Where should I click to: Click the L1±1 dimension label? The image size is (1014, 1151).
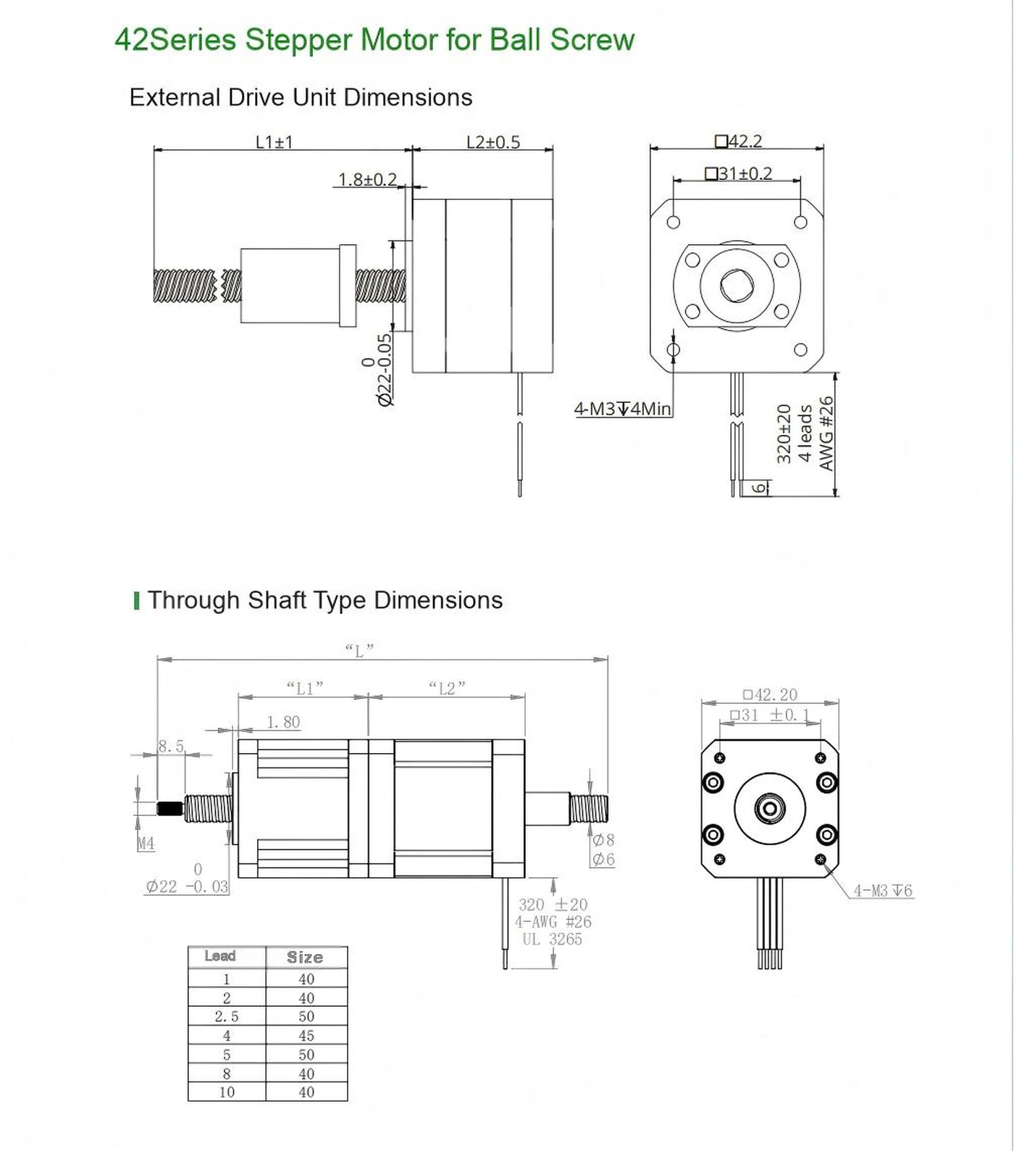coord(274,142)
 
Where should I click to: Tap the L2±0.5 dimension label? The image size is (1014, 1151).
coord(493,142)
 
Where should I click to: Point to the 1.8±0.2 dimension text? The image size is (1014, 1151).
coord(367,179)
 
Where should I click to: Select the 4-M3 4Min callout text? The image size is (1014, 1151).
coord(622,409)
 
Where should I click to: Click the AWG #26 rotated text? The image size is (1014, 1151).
coord(826,433)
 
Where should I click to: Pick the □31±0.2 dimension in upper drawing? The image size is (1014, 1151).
coord(738,174)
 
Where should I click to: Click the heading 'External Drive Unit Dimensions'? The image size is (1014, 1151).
coord(301,97)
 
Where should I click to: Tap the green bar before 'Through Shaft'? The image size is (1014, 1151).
coord(136,600)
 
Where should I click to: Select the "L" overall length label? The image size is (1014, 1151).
coord(359,649)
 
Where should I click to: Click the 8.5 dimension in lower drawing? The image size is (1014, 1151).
coord(171,746)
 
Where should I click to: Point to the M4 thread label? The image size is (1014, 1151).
coord(146,843)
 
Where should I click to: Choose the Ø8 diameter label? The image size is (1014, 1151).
coord(603,840)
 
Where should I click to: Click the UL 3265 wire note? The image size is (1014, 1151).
coord(552,939)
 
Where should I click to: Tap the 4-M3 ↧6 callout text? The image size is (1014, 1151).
coord(882,891)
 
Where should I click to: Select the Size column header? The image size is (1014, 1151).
coord(305,957)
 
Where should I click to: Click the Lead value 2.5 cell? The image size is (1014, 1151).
coord(226,1017)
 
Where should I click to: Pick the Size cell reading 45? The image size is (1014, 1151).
coord(306,1036)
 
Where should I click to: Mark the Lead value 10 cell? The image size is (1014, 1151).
coord(226,1092)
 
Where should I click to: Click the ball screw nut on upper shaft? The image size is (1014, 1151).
coord(297,286)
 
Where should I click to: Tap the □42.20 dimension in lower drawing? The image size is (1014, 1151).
coord(770,694)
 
